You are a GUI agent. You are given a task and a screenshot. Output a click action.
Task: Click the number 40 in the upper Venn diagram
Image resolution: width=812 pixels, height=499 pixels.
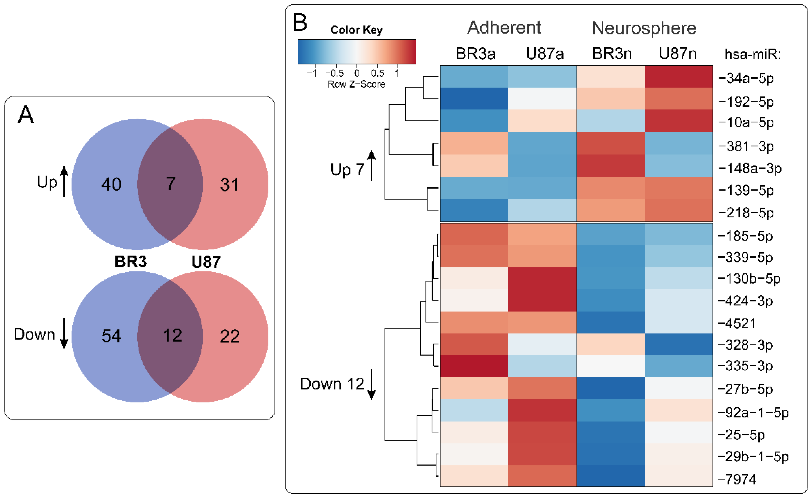tap(111, 184)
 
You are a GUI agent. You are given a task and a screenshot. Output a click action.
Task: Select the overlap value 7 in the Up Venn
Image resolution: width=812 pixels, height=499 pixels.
tap(171, 184)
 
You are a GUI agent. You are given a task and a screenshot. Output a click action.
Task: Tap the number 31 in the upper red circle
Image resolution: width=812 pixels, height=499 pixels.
tap(229, 185)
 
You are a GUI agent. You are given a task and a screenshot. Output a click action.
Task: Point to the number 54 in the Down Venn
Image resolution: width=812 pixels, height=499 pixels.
tap(111, 336)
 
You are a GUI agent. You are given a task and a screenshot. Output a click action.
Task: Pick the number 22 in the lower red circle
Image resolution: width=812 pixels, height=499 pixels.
tap(229, 336)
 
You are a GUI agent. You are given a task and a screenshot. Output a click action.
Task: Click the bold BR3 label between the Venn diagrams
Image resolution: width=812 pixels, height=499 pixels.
tap(131, 262)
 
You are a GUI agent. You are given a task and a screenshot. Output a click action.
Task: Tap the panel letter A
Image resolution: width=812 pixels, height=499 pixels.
tap(26, 114)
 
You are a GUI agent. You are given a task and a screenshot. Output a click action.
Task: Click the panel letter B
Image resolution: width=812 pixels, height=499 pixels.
tap(300, 23)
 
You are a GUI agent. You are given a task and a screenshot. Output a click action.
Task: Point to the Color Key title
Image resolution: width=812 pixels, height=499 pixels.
tap(357, 30)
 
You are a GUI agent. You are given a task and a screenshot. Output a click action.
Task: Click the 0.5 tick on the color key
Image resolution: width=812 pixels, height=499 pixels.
tap(377, 73)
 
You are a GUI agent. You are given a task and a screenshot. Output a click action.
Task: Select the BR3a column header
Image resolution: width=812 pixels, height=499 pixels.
tap(476, 54)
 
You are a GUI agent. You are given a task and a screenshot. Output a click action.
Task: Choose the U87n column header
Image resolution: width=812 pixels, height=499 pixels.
tap(678, 54)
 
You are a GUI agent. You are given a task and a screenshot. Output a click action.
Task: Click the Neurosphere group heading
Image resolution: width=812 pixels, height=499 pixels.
tap(644, 28)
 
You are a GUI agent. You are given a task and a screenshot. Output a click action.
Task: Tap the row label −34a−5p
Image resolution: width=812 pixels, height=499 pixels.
tap(746, 79)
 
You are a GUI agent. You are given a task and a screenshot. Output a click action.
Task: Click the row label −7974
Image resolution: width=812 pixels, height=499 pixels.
tap(737, 479)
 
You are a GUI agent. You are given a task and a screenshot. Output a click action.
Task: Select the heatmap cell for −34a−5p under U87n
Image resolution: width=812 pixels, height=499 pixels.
tap(679, 77)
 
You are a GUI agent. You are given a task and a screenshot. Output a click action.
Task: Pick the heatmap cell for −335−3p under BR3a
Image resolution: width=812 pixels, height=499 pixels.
tap(474, 366)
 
